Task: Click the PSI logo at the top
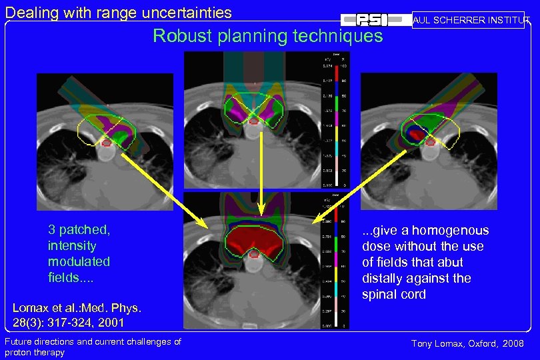(x=376, y=20)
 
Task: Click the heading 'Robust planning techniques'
(x=268, y=36)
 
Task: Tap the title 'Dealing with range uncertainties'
(x=119, y=12)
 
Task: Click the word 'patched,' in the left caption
(x=85, y=230)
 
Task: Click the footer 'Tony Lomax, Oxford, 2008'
(x=467, y=343)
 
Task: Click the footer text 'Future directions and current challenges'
(x=93, y=341)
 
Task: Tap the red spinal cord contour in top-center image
(x=254, y=121)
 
